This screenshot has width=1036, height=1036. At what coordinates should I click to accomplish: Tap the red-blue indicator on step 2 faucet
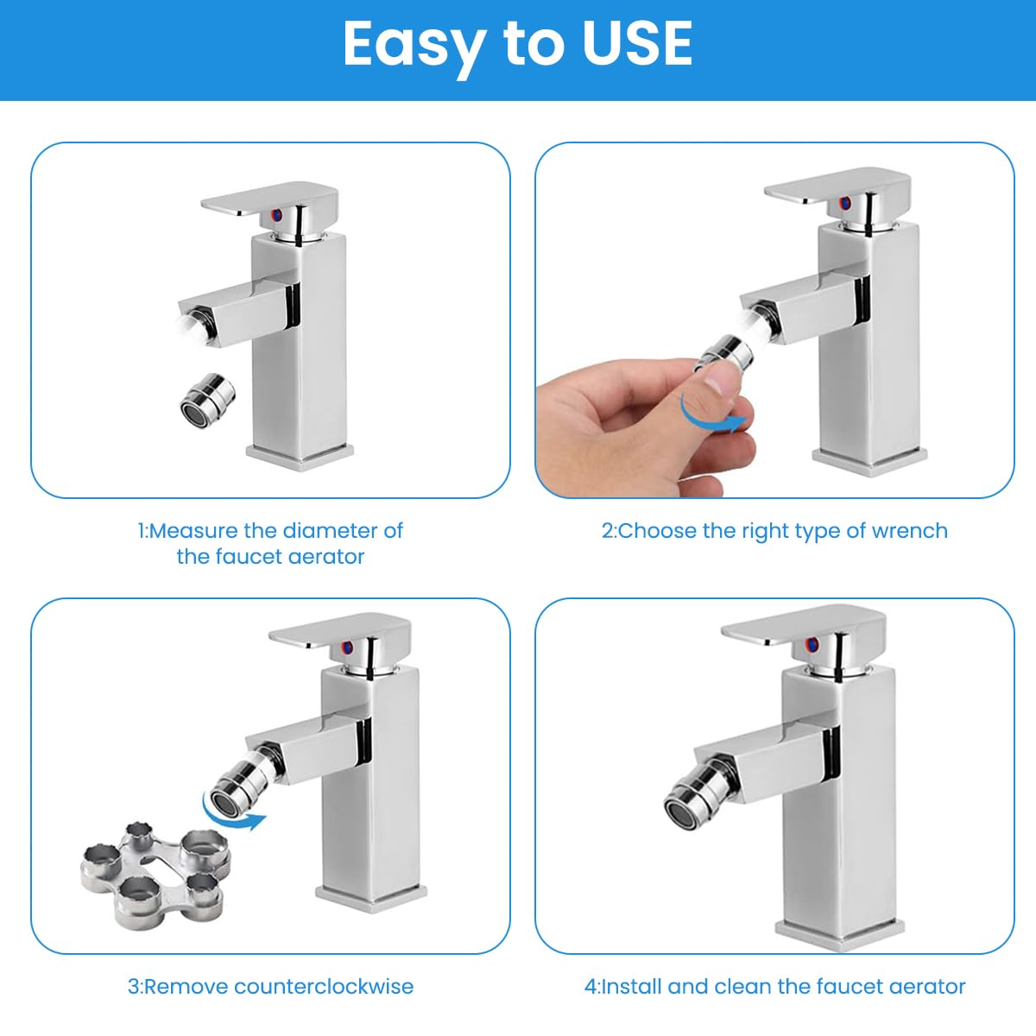tap(845, 205)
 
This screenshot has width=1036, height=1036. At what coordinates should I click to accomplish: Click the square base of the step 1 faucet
tap(300, 454)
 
